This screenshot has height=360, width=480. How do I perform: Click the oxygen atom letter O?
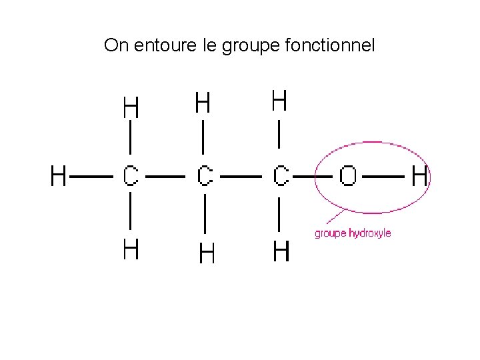(x=348, y=177)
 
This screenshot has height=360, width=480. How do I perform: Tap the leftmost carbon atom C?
(x=130, y=177)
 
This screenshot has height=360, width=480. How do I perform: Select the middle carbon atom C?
(x=205, y=177)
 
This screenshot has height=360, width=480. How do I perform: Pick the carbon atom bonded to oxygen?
(x=281, y=177)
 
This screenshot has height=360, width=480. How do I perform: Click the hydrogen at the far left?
(x=59, y=177)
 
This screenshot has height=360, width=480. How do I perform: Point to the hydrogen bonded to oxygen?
(x=419, y=177)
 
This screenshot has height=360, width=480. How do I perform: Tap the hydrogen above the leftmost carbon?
(x=131, y=107)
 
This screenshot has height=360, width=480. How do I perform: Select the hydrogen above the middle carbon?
(x=203, y=103)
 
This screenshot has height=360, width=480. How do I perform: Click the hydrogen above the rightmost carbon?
(x=279, y=101)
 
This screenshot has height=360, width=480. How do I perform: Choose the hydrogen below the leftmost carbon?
(x=131, y=249)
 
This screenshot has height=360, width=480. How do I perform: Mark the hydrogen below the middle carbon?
(x=207, y=253)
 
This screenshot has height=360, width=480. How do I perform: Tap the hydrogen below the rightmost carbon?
(x=281, y=252)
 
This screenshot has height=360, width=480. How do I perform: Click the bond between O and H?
(x=383, y=177)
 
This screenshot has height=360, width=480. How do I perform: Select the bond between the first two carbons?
(x=166, y=177)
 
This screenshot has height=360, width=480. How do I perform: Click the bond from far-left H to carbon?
(x=91, y=177)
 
